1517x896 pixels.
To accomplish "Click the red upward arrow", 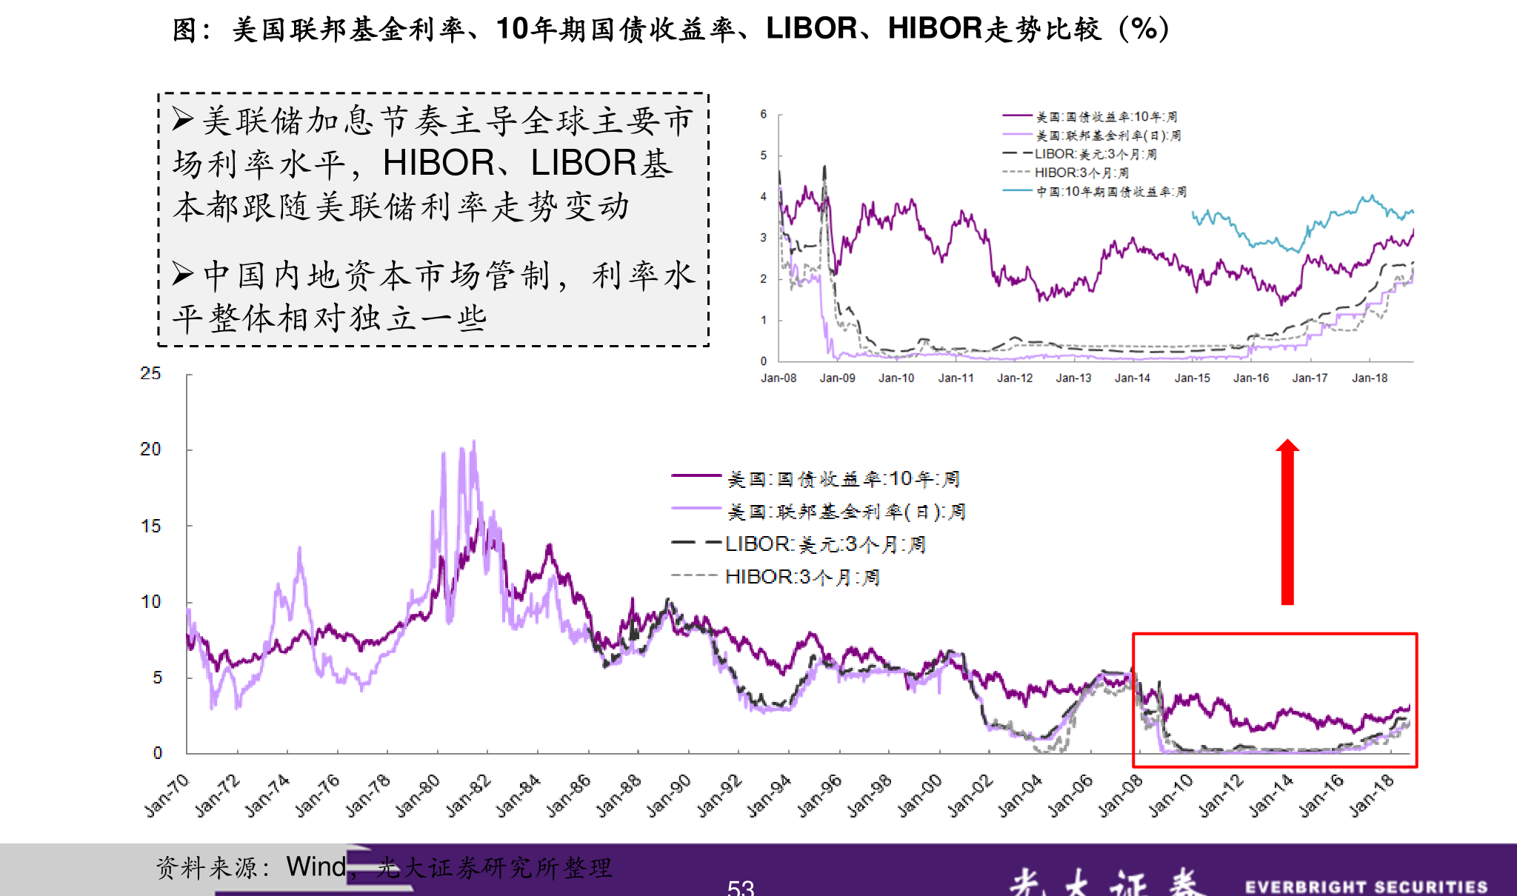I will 1287,522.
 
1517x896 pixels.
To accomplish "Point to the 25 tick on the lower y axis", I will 150,373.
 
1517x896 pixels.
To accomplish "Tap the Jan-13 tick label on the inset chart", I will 1073,378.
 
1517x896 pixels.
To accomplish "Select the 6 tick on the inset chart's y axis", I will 763,114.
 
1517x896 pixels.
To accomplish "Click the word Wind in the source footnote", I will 316,866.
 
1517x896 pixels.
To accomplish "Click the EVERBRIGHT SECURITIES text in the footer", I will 1366,886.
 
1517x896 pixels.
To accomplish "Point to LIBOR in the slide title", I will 811,29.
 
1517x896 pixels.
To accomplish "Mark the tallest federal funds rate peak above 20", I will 474,442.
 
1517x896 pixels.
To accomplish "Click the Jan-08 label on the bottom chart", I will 1121,795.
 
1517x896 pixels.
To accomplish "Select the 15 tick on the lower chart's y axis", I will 150,526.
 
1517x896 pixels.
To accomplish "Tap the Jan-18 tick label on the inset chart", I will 1369,378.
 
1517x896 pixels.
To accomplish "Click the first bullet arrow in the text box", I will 183,119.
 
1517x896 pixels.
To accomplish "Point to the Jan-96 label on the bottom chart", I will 820,795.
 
